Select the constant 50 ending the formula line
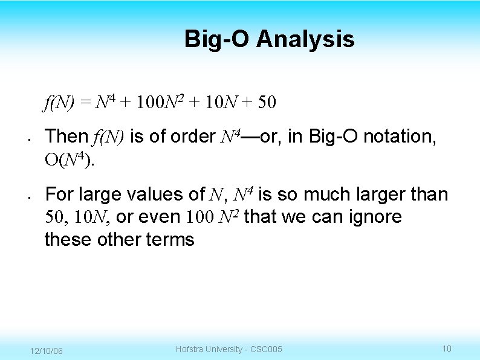coord(267,103)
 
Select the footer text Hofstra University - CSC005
coord(229,349)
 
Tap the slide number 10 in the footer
coord(447,349)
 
